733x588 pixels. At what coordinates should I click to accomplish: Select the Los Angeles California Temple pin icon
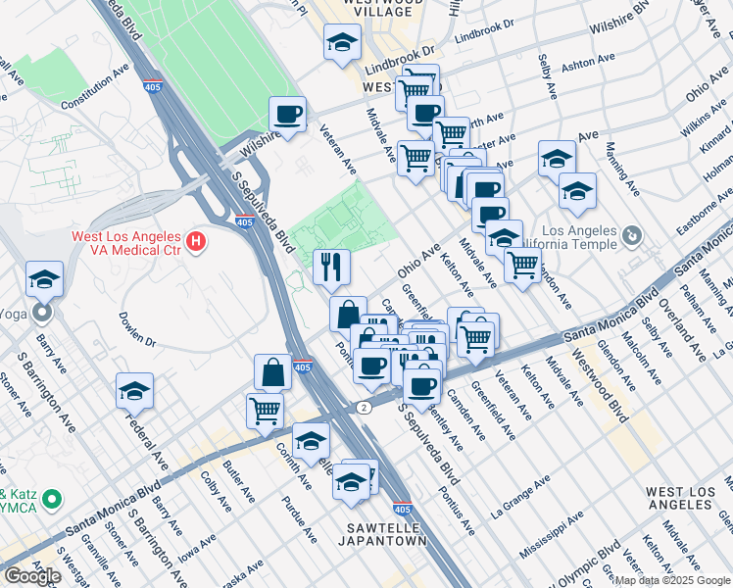tap(632, 235)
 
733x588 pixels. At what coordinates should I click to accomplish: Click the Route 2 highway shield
tap(364, 407)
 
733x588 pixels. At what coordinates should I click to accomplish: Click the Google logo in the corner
tap(33, 576)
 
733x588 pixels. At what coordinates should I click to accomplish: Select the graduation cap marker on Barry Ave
tap(44, 279)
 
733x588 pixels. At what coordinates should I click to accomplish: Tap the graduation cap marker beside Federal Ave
tap(134, 391)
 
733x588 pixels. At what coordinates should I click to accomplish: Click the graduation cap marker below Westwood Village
tap(342, 42)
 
